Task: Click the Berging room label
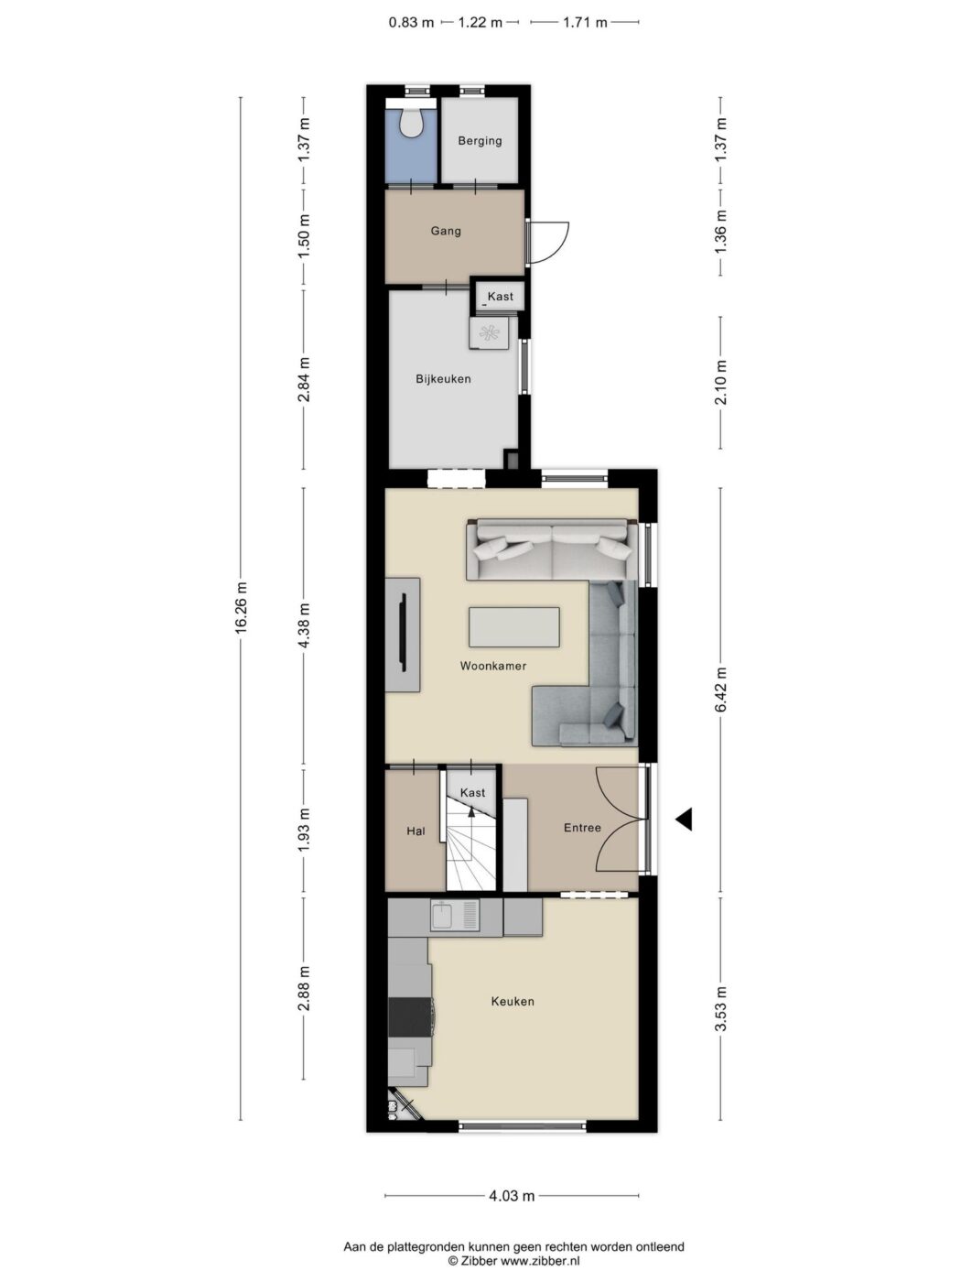click(x=480, y=141)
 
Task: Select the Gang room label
click(x=446, y=231)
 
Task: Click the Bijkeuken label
click(x=443, y=378)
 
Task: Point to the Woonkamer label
click(x=493, y=666)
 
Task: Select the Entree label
click(x=582, y=828)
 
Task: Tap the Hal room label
click(x=416, y=831)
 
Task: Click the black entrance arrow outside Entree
click(x=685, y=820)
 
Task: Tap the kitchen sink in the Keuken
click(x=455, y=915)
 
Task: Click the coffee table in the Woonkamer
click(x=514, y=627)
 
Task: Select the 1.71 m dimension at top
click(x=585, y=23)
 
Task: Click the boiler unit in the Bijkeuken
click(x=490, y=333)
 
